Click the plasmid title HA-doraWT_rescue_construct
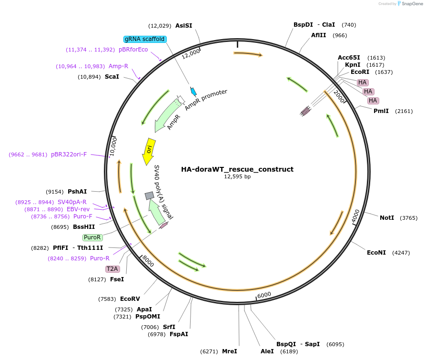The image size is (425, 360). [237, 169]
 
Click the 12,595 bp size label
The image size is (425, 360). [237, 177]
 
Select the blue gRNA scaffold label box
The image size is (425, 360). [145, 39]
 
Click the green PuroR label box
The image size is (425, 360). [92, 237]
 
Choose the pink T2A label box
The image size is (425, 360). [112, 269]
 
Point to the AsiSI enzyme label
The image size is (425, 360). [183, 26]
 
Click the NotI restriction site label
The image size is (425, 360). [387, 218]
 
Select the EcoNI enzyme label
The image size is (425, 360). [376, 253]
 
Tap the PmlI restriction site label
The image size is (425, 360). [381, 111]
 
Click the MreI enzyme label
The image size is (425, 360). [229, 351]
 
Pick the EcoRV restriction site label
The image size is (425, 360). [130, 299]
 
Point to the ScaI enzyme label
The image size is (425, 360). [112, 77]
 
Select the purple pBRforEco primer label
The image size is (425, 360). [133, 50]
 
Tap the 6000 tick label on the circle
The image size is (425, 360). [264, 295]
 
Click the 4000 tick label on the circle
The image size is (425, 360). [355, 215]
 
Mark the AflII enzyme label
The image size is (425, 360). [319, 35]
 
